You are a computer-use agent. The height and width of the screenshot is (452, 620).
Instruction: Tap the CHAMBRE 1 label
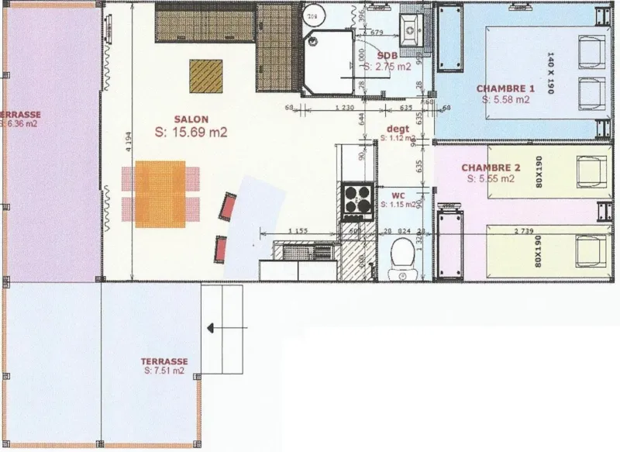[505, 88]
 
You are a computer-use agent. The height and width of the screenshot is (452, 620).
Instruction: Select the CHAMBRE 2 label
[491, 167]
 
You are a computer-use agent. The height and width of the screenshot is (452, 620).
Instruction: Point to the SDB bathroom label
[387, 56]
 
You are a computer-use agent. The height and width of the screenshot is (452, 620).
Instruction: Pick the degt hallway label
[398, 129]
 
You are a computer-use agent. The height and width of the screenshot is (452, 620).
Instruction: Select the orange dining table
[160, 194]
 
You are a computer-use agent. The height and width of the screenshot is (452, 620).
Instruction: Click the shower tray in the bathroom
[329, 58]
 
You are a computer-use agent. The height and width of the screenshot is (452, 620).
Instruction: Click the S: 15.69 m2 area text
[191, 133]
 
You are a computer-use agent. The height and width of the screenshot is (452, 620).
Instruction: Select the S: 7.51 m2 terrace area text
[164, 371]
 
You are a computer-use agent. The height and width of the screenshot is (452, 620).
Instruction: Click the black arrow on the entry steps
[212, 329]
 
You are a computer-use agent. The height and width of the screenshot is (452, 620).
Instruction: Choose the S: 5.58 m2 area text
[505, 99]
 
